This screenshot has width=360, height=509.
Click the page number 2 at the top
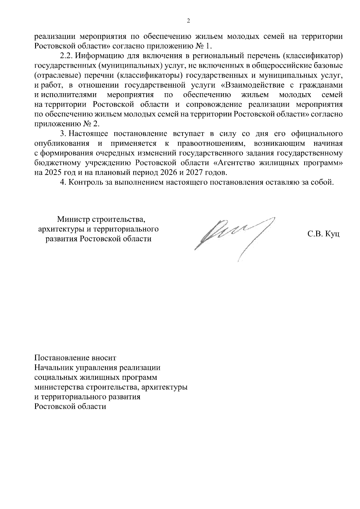(188, 21)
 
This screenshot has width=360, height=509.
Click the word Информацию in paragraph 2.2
(97, 56)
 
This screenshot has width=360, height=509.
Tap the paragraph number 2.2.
(66, 56)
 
